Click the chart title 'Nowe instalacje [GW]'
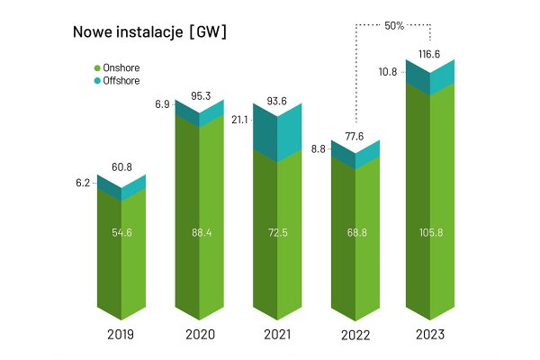[149, 32]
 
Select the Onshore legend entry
[121, 67]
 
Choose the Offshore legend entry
[121, 81]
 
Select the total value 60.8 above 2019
[121, 166]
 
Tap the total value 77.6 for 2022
[355, 135]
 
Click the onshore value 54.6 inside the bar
[121, 232]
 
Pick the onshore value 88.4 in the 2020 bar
[199, 232]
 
